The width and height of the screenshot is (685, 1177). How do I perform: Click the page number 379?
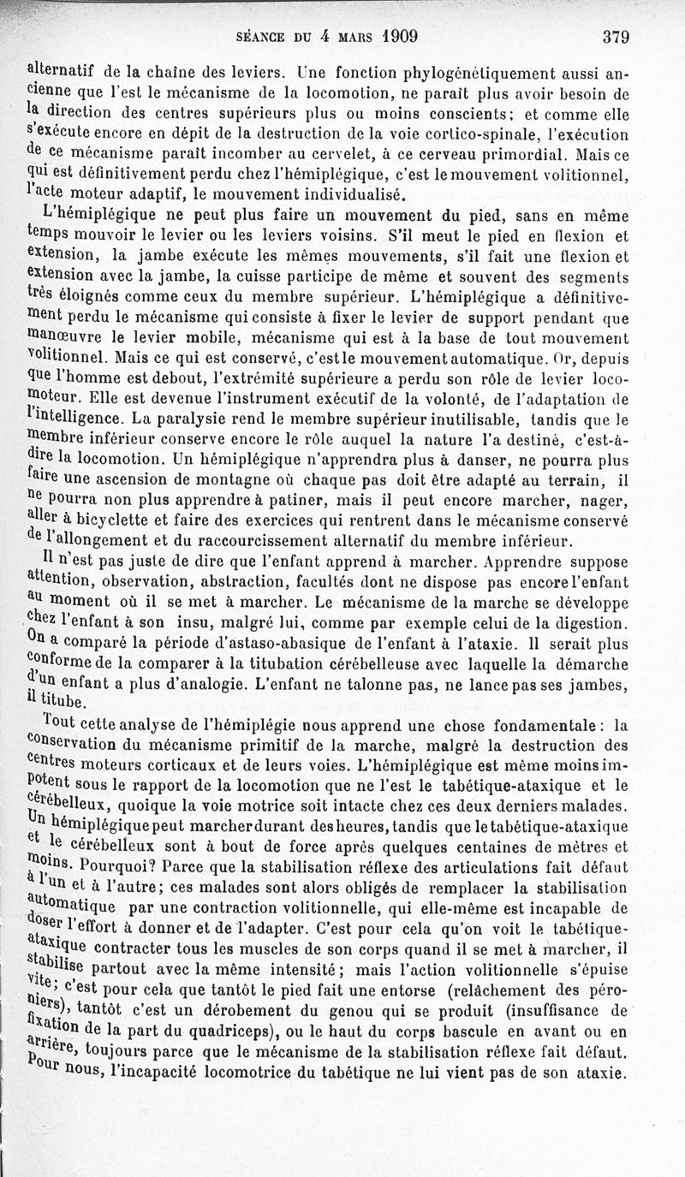point(616,37)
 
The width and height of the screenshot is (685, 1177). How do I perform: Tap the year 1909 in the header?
point(393,36)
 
